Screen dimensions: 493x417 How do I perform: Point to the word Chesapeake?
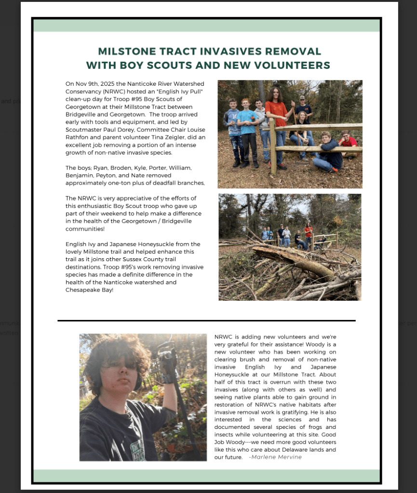click(80, 290)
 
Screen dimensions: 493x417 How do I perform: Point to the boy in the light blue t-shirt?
click(247, 128)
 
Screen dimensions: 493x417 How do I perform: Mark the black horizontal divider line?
click(206, 320)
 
